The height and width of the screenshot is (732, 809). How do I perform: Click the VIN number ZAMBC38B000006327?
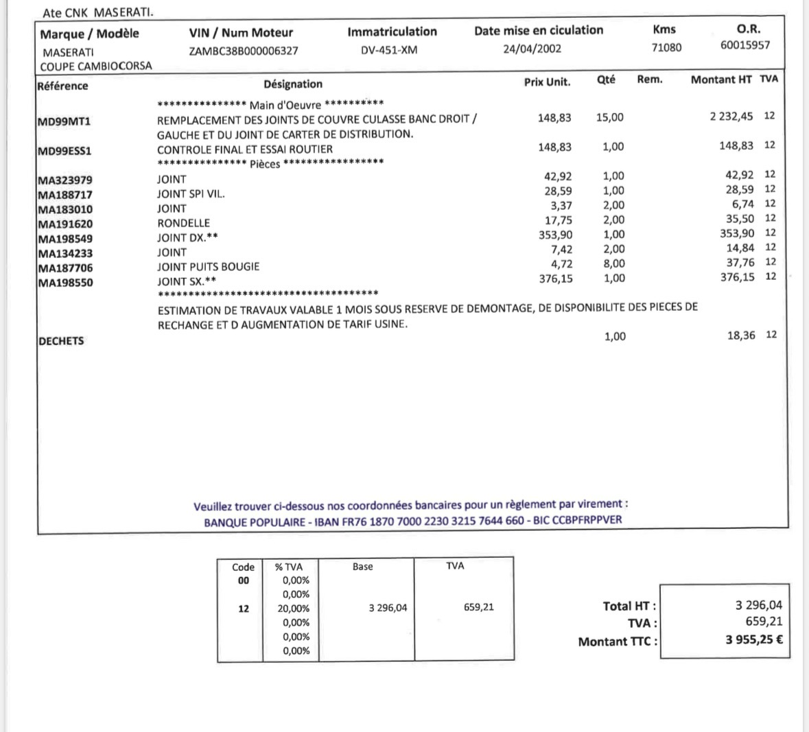[x=244, y=51]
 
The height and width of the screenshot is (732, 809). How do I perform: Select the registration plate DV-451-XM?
[x=389, y=49]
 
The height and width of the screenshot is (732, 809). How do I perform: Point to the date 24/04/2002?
[x=532, y=49]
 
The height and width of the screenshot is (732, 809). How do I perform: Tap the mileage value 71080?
[x=666, y=47]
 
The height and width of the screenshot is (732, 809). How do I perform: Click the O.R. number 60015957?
[x=745, y=45]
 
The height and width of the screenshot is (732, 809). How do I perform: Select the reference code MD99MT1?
[x=64, y=122]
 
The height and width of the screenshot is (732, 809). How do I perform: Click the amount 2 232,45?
[x=731, y=117]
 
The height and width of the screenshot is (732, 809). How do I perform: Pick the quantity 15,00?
[x=609, y=117]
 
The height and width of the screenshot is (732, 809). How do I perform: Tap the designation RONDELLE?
[x=183, y=223]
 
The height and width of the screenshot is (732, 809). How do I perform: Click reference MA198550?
[x=65, y=283]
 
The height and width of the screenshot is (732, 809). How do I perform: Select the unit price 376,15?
[x=556, y=279]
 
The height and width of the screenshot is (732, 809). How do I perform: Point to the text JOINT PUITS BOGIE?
[x=208, y=266]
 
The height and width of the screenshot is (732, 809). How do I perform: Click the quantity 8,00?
[x=613, y=263]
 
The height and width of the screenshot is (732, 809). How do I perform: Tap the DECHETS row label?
[x=61, y=341]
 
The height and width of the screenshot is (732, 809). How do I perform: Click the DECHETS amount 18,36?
[x=741, y=335]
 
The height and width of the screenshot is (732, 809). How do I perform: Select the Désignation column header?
[x=293, y=84]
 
